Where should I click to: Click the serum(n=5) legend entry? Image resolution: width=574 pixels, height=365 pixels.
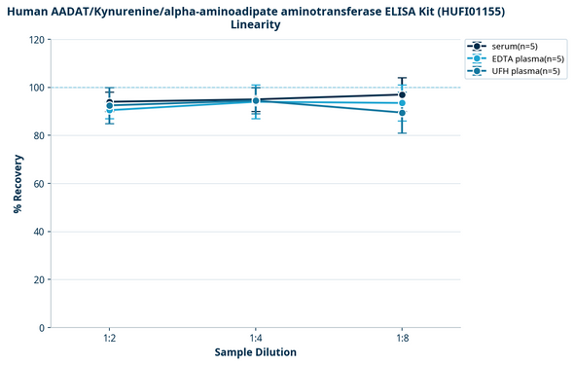515,47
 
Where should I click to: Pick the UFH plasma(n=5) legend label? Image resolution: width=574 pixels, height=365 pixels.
526,71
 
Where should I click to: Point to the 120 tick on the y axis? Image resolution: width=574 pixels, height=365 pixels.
36,40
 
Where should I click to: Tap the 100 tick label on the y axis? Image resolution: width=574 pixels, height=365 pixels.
36,88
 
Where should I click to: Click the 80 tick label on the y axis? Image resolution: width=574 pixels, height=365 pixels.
38,135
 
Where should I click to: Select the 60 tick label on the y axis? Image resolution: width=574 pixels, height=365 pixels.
38,184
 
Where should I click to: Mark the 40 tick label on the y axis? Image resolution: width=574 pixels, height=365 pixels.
38,232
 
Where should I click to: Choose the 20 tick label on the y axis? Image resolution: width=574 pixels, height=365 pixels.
38,279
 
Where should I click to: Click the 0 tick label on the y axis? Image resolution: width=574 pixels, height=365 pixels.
41,328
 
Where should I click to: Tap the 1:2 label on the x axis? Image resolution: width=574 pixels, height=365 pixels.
110,338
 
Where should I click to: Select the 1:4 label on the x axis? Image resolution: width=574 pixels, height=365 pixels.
256,338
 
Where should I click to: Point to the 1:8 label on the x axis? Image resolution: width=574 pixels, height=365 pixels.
402,338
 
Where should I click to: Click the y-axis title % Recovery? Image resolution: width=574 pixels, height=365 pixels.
18,184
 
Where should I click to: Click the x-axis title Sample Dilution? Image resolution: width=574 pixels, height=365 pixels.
256,352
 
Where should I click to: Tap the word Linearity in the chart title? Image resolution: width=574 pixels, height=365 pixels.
256,24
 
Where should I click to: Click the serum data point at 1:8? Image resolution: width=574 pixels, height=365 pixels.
402,94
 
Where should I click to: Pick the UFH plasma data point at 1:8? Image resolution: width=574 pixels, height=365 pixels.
402,113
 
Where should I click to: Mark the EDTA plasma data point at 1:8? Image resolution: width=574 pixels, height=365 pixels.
402,103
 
